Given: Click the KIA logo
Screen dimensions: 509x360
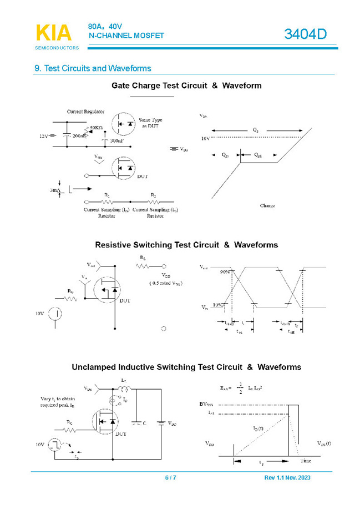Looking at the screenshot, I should (x=53, y=33).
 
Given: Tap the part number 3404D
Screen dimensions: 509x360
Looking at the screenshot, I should (x=306, y=34).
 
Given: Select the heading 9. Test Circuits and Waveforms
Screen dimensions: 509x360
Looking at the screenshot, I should (x=93, y=68).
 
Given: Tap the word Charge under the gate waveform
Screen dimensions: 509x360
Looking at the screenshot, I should (x=267, y=205).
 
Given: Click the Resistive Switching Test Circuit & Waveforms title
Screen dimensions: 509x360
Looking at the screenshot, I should (x=186, y=244).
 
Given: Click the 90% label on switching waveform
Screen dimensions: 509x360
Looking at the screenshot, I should (x=224, y=272).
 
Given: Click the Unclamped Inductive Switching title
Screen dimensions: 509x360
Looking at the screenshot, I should (x=186, y=367).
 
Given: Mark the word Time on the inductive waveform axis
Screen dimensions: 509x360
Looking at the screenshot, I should (x=306, y=461).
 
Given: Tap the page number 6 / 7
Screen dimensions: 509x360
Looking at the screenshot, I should (x=170, y=478).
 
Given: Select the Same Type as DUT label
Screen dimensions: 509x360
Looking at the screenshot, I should (x=151, y=123).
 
